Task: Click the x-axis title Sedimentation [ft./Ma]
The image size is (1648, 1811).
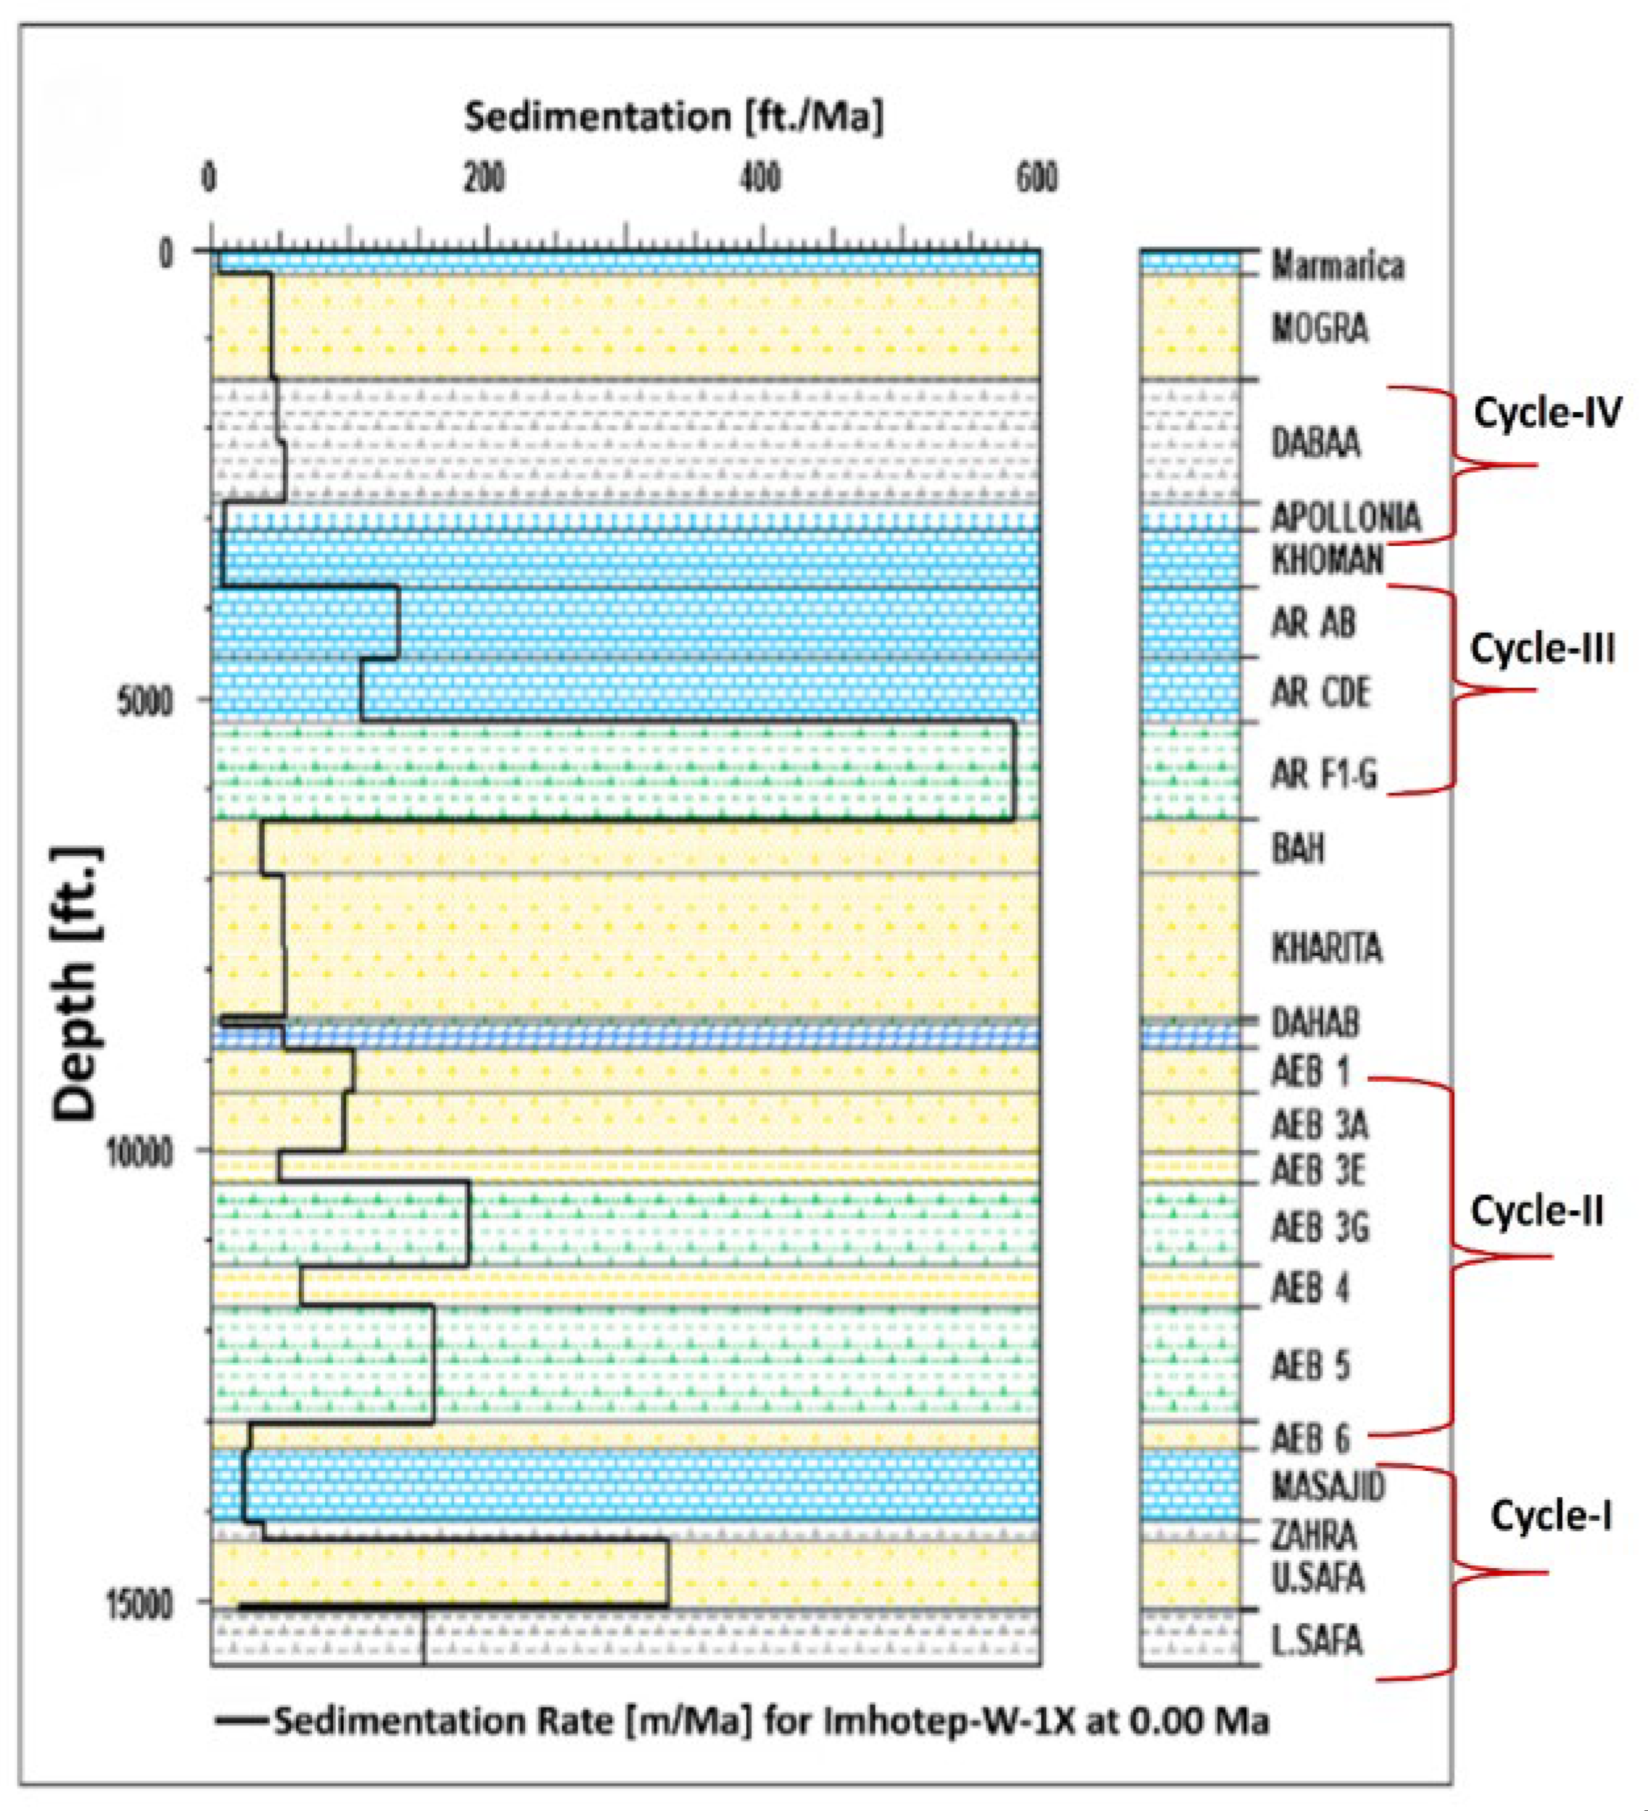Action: coord(674,117)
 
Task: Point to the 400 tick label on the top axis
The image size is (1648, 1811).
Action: coord(761,179)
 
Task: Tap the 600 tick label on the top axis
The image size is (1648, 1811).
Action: coord(1036,179)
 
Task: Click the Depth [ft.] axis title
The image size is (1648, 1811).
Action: coord(77,983)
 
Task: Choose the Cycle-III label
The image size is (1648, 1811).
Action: coord(1542,647)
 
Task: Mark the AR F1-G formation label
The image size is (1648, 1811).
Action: coord(1324,774)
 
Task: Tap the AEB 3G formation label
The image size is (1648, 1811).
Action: coord(1320,1227)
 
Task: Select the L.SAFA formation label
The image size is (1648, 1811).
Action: coord(1317,1641)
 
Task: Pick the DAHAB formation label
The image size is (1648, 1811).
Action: coord(1315,1022)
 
